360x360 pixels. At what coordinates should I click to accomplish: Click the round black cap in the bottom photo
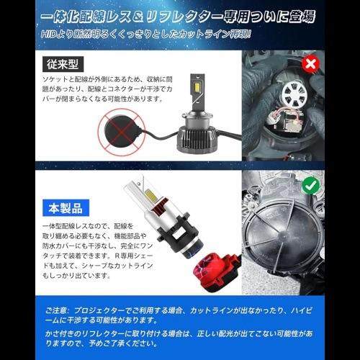coord(277,248)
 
